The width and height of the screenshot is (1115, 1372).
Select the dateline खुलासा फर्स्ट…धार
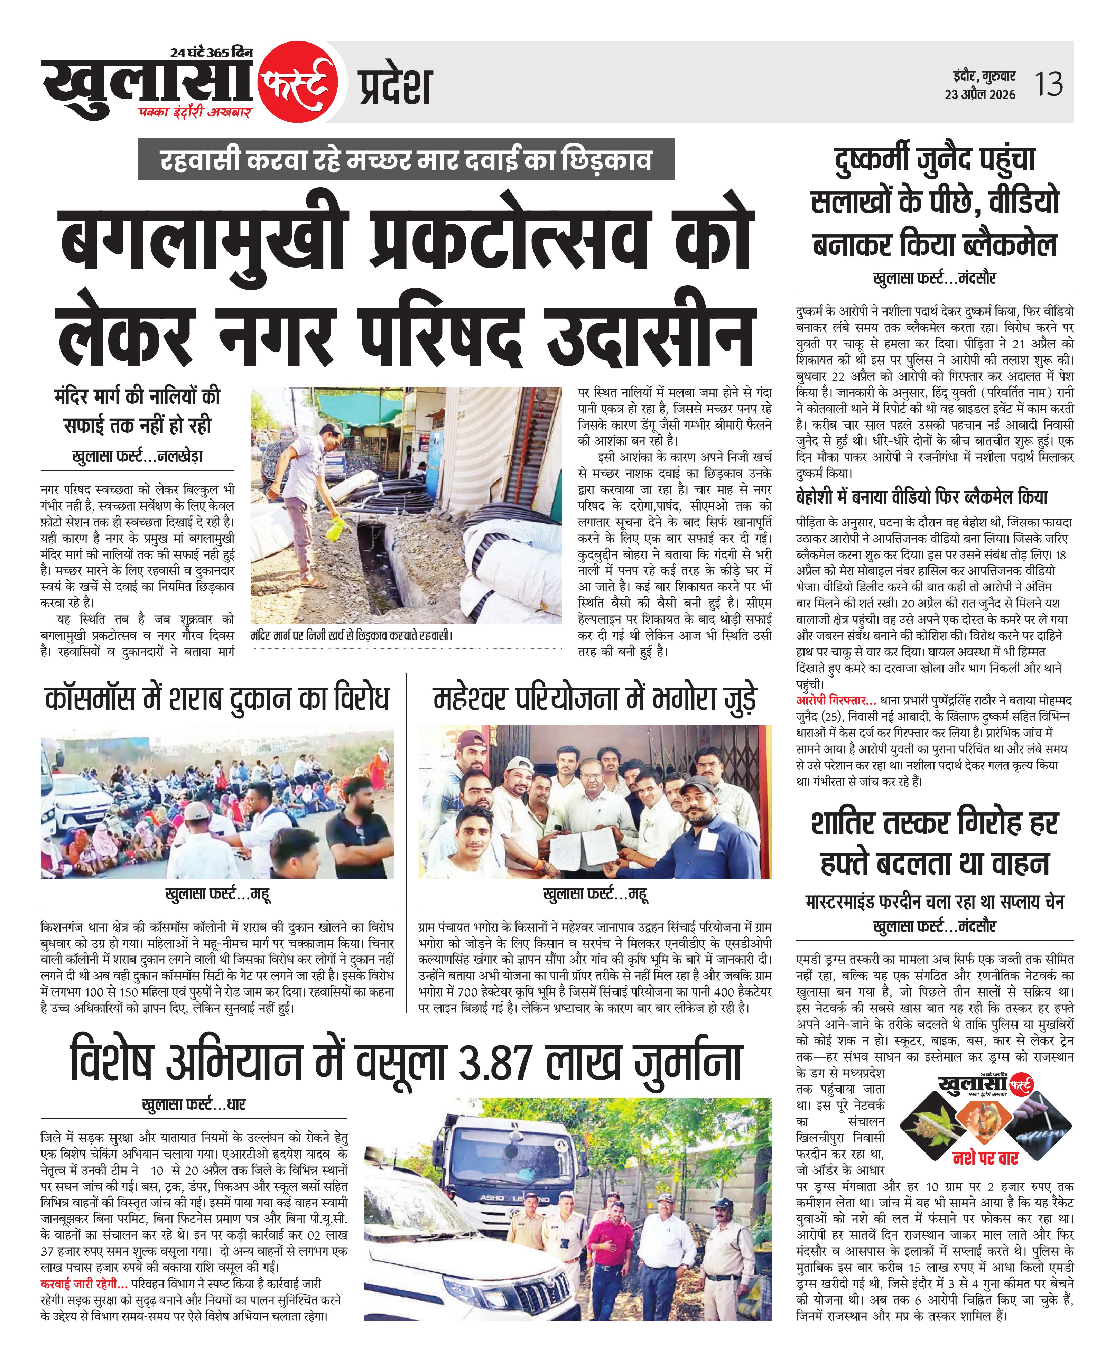[x=193, y=1105]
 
